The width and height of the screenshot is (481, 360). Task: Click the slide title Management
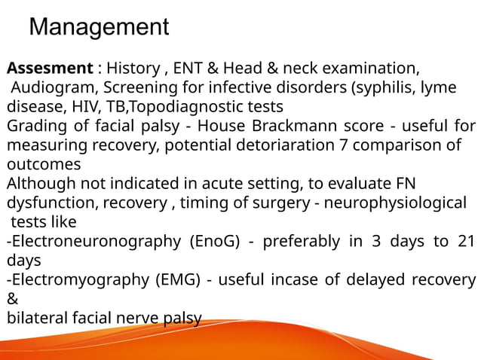click(x=98, y=28)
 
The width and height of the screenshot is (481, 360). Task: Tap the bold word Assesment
click(x=48, y=67)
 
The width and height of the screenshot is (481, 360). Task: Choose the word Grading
click(x=35, y=125)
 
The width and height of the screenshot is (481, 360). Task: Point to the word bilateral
click(x=34, y=319)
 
